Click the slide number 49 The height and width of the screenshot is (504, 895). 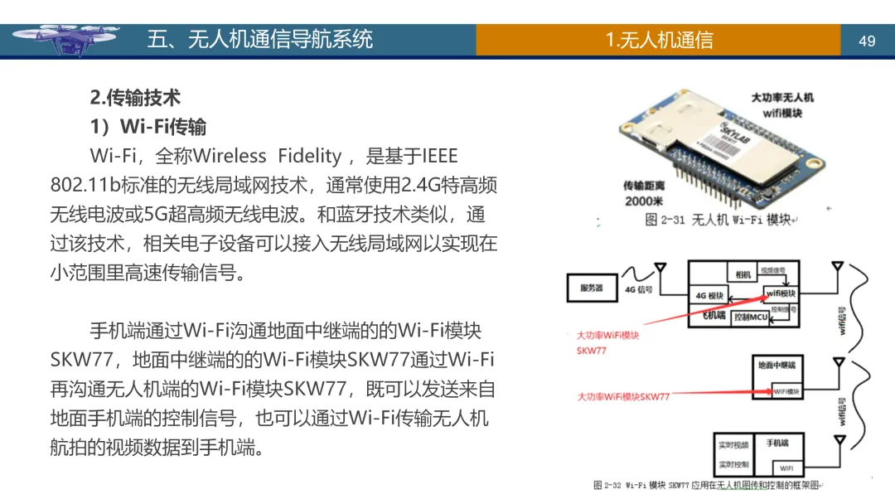click(x=867, y=41)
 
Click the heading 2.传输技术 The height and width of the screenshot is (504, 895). click(x=135, y=97)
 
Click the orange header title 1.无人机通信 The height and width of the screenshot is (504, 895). click(x=659, y=40)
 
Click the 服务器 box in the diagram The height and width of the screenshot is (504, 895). click(x=592, y=288)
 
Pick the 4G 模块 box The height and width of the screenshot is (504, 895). click(x=709, y=296)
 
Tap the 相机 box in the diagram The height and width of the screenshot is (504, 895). click(x=742, y=274)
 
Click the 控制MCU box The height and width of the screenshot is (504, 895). click(x=751, y=317)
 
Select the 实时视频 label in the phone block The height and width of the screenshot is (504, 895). click(x=734, y=445)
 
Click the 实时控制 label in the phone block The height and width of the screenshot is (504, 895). click(x=734, y=464)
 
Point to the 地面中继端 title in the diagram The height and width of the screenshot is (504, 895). click(x=776, y=365)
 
